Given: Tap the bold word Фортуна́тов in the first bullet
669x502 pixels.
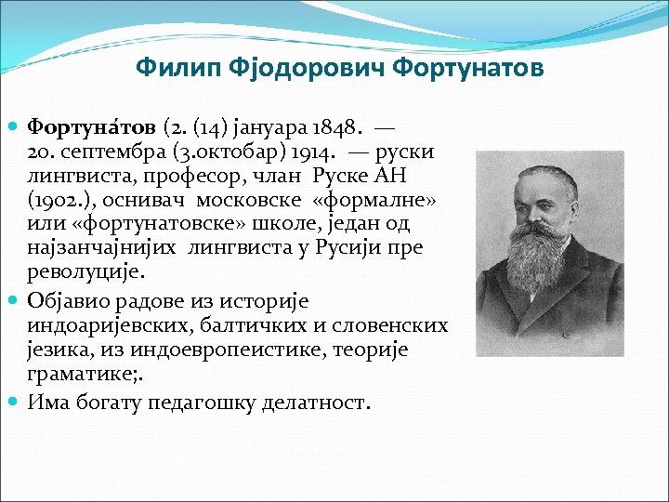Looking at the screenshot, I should click(92, 125).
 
